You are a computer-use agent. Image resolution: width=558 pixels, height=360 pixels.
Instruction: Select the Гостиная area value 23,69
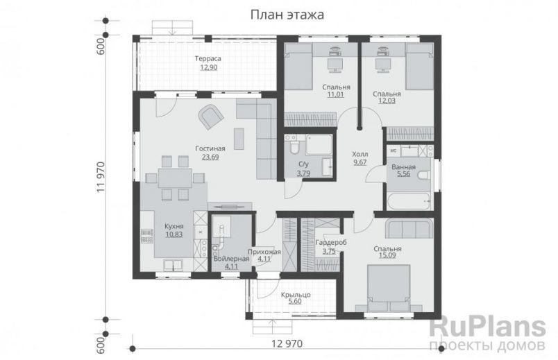210,157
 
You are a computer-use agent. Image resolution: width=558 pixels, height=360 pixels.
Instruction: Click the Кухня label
174,226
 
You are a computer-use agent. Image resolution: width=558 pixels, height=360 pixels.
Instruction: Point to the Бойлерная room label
226,258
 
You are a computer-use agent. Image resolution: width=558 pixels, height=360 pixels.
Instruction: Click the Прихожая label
264,252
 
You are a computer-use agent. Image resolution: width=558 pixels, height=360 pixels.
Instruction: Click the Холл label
360,154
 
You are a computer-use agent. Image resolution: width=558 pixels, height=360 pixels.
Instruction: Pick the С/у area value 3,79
303,173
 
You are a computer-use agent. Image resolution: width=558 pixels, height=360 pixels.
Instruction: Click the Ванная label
403,167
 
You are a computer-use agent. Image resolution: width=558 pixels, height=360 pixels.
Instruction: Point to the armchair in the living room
210,117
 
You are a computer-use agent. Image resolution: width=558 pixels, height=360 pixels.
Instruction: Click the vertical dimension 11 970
101,176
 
